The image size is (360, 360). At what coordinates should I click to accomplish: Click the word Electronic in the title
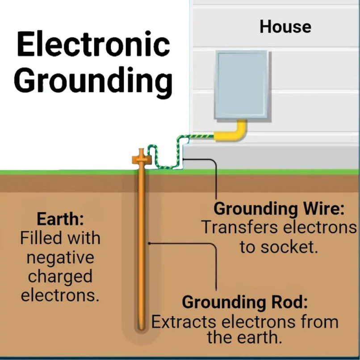tap(93, 45)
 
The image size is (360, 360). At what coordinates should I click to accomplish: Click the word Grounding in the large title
tap(93, 80)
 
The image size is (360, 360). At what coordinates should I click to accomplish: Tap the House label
tap(285, 27)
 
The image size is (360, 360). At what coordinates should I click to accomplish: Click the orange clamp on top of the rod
tap(141, 158)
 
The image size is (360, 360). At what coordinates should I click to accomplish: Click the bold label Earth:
tap(60, 219)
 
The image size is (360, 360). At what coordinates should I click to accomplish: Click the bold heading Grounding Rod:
tap(245, 302)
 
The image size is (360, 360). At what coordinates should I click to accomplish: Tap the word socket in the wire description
tap(291, 247)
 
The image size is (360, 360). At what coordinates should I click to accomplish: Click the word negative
tap(60, 258)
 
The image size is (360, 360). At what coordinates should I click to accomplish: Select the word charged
tap(60, 276)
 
